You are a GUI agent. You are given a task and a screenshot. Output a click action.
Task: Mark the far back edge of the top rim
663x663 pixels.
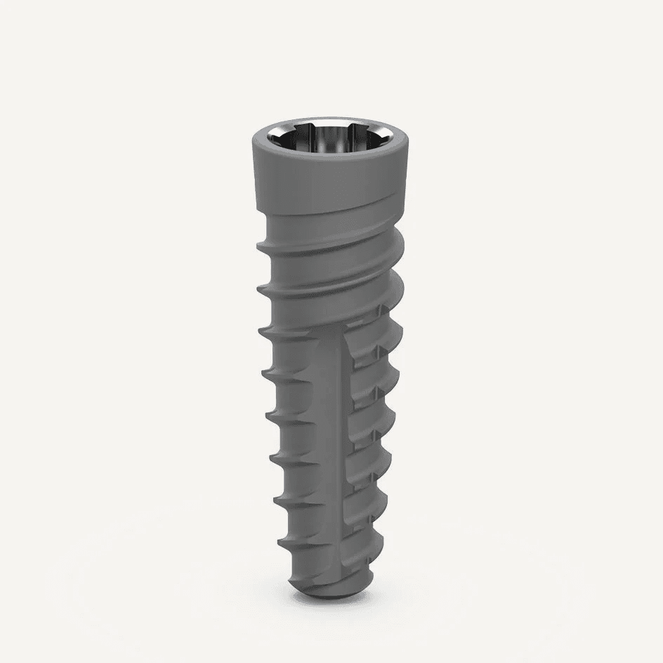click(329, 121)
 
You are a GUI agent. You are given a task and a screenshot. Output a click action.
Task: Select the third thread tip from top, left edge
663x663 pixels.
click(259, 329)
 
